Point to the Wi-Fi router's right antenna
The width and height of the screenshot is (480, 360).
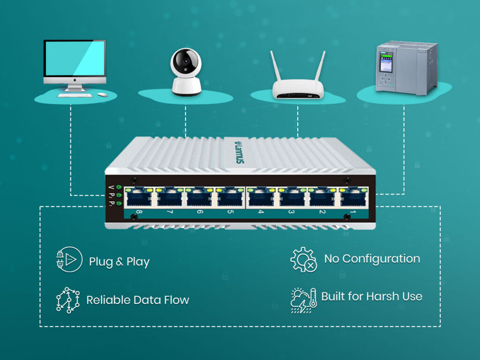pyautogui.click(x=320, y=66)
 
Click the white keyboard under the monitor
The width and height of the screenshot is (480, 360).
pyautogui.click(x=75, y=95)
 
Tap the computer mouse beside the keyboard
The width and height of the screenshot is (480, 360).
pyautogui.click(x=102, y=95)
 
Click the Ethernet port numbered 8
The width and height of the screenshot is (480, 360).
pyautogui.click(x=139, y=197)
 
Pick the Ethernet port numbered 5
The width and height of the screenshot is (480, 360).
pyautogui.click(x=230, y=197)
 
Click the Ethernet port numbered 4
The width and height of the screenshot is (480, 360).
pyautogui.click(x=261, y=197)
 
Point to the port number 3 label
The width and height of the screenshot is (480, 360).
pyautogui.click(x=291, y=212)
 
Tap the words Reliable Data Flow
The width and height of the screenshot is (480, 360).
pyautogui.click(x=137, y=300)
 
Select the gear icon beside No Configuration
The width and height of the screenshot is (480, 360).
pyautogui.click(x=303, y=259)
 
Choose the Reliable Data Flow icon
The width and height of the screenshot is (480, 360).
pyautogui.click(x=67, y=300)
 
